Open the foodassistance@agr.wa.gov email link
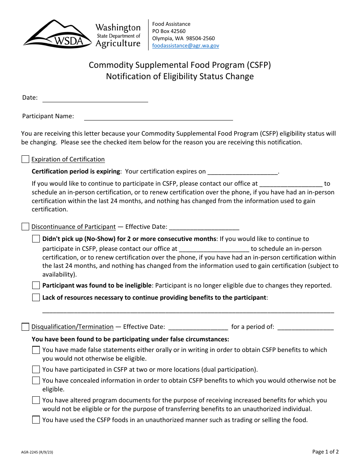point(185,45)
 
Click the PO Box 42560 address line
point(169,31)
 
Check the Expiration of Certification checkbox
point(25,160)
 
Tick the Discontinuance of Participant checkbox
point(25,227)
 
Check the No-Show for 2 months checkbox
point(36,239)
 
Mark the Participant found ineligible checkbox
point(36,286)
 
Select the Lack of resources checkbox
point(36,298)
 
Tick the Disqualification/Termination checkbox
point(25,327)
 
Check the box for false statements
point(36,350)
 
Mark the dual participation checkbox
point(36,370)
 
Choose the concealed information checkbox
point(36,381)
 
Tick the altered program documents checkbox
point(36,400)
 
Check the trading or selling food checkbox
point(36,420)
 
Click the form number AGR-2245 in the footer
point(37,452)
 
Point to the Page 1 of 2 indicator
point(326,452)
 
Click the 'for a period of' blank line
point(305,328)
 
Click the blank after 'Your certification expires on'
point(243,173)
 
